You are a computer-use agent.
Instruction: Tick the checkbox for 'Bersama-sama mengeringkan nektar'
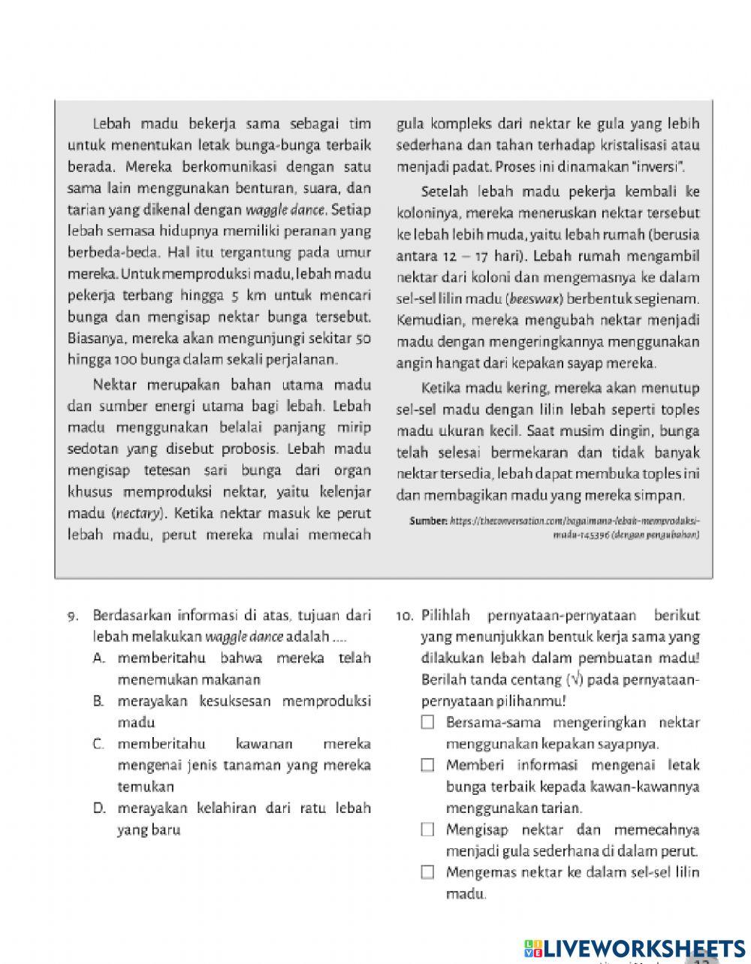[x=428, y=723]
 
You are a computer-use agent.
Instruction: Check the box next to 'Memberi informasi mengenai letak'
[x=428, y=766]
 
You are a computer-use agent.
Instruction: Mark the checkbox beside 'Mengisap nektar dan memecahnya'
[x=428, y=830]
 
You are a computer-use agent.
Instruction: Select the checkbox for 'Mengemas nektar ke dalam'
[x=428, y=873]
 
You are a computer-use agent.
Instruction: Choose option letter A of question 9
[x=98, y=659]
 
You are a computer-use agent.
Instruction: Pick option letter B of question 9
[x=98, y=702]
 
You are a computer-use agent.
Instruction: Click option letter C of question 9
[x=98, y=745]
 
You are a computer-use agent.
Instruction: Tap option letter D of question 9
[x=98, y=809]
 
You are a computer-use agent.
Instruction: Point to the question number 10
[x=405, y=616]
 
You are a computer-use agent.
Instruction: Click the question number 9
[x=73, y=616]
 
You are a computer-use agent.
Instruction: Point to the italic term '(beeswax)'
[x=532, y=299]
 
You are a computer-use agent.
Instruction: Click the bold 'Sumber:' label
[x=428, y=521]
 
